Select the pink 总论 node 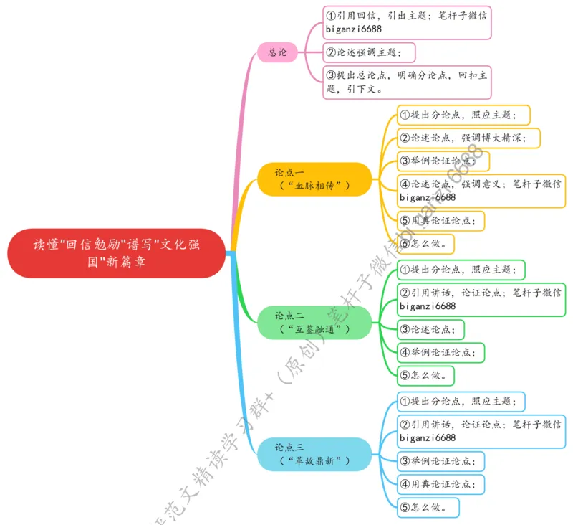(277, 52)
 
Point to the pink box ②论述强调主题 (369, 52)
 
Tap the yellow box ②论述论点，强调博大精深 (468, 138)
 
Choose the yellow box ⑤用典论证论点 (440, 220)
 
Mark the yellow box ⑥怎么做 (426, 244)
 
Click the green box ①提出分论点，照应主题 (461, 270)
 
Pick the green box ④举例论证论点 (440, 352)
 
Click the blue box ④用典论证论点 (440, 484)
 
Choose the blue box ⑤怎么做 (427, 508)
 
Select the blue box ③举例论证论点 (440, 460)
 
